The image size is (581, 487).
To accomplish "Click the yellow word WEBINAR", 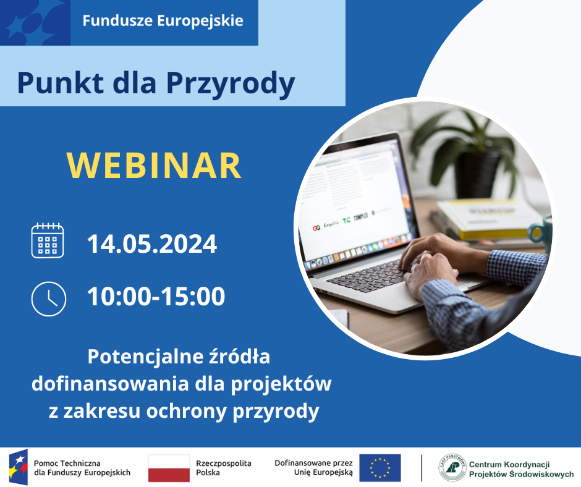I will pos(154,165).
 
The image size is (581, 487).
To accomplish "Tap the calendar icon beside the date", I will pos(48,240).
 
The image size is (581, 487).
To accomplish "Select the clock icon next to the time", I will pos(48,299).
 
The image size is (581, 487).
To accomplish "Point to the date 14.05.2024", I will pos(152,244).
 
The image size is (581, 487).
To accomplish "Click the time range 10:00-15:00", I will pos(156,297).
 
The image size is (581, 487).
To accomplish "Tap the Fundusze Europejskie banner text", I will pos(163,20).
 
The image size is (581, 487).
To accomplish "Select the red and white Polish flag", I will pos(169,468).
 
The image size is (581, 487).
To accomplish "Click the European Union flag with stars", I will pos(380,468).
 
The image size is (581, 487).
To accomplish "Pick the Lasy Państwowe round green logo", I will pos(452,468).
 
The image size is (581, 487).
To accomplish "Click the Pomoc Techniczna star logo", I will pos(17,468).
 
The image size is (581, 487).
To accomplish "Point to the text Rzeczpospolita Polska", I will pos(223,468).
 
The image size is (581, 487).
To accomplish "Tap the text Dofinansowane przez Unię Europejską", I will pos(313,468).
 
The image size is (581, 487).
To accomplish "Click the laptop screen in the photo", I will pos(358,198).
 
